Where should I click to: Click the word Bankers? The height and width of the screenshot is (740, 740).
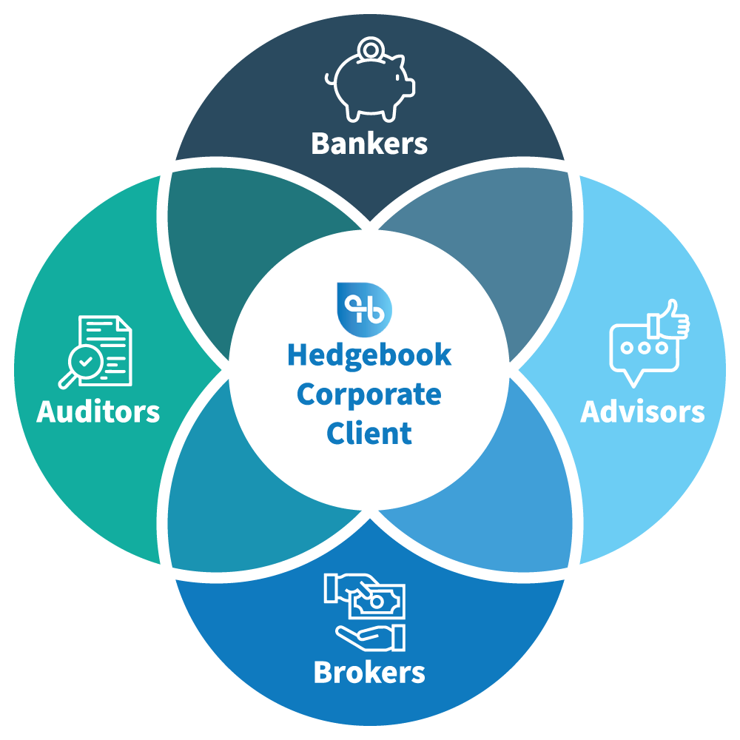[369, 143]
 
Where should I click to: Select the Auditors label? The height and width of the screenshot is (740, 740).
[98, 411]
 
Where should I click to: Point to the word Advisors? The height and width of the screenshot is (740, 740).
[642, 411]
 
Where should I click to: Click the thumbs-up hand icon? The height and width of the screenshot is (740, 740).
[668, 320]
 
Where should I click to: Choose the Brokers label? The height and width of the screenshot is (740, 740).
[369, 672]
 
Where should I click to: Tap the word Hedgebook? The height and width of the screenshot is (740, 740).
[369, 355]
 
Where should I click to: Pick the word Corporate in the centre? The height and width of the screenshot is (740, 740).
[369, 394]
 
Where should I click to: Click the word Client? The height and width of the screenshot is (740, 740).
[369, 432]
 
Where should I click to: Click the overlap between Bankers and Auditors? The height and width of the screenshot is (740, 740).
[222, 237]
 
